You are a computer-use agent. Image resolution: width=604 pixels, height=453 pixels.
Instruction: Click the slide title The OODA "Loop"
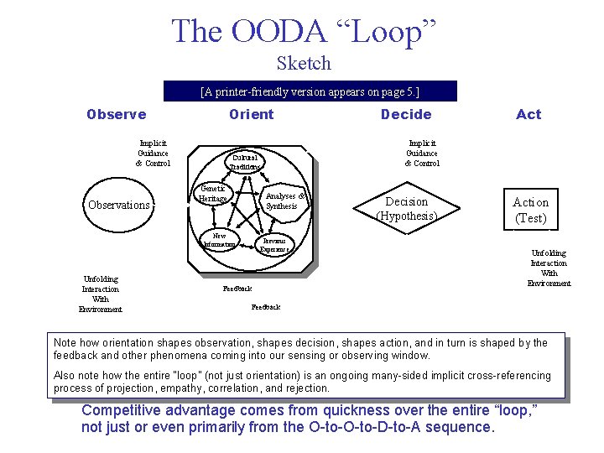click(x=304, y=31)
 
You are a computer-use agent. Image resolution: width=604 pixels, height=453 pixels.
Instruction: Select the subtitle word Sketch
click(x=304, y=64)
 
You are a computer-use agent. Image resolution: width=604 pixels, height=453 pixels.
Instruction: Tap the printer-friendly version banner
click(x=310, y=91)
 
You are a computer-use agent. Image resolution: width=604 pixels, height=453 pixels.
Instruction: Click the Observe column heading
click(x=116, y=114)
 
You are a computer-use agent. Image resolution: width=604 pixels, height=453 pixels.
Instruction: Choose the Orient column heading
click(x=251, y=114)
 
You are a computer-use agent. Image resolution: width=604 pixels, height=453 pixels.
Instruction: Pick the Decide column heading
click(x=406, y=114)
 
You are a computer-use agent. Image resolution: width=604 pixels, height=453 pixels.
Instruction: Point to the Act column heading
click(x=528, y=114)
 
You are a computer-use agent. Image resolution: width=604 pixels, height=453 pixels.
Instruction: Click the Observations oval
click(x=119, y=205)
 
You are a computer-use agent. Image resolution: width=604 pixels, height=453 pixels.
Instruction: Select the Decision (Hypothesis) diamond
click(x=406, y=208)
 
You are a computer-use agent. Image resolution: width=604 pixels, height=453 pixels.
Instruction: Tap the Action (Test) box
click(x=530, y=210)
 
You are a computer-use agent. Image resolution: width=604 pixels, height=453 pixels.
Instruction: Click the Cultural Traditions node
click(x=245, y=161)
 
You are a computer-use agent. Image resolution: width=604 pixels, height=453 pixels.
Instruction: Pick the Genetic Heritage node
click(x=212, y=194)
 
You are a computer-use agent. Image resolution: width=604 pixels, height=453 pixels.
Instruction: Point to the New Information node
click(x=219, y=241)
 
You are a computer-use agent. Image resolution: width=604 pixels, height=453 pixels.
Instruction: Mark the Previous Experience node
click(x=274, y=244)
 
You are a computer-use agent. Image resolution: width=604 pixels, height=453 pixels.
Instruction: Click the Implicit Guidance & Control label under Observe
click(x=153, y=154)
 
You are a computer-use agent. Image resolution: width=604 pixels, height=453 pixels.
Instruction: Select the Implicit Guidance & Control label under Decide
click(x=421, y=154)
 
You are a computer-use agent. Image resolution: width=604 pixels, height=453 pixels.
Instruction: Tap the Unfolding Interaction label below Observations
click(x=100, y=294)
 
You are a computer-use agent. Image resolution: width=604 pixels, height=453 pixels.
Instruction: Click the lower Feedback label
click(x=266, y=307)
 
